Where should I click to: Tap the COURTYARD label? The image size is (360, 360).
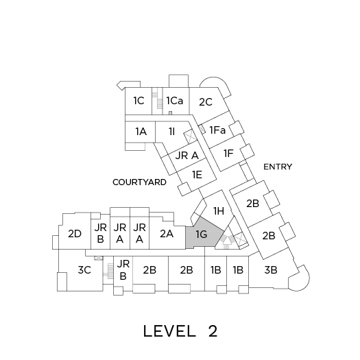tap(139, 182)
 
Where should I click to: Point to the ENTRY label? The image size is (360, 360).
tap(278, 167)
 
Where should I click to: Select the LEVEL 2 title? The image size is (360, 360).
tap(180, 331)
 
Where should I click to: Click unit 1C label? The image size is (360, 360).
tap(139, 101)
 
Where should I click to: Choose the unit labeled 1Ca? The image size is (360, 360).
tap(175, 101)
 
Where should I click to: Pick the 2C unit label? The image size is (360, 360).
tap(206, 102)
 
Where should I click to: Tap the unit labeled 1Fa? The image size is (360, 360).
tap(217, 130)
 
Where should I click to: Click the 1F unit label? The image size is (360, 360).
tap(228, 153)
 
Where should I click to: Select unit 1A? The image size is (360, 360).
tap(141, 132)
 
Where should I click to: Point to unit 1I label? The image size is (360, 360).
tap(171, 132)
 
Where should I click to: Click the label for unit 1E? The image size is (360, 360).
tap(197, 175)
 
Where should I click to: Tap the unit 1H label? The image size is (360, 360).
tap(219, 211)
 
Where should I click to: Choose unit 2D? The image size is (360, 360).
tap(75, 234)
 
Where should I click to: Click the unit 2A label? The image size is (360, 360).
tap(167, 234)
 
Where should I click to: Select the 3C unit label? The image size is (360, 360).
tap(84, 269)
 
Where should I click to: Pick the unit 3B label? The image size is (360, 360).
tap(271, 269)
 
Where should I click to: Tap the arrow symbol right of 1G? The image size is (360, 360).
tap(226, 241)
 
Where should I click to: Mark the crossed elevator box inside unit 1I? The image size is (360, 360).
tap(190, 136)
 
